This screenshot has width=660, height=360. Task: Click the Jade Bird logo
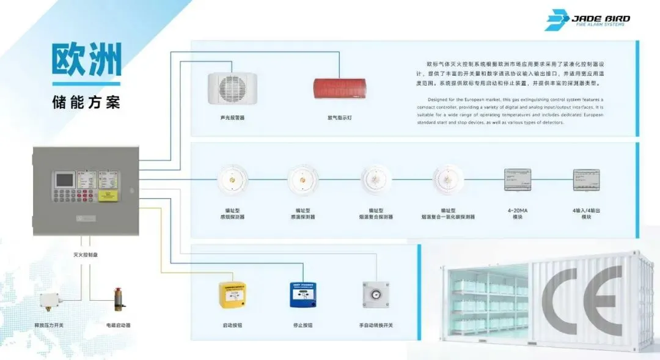(x=587, y=20)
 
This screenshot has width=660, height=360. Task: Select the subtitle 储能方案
(x=86, y=101)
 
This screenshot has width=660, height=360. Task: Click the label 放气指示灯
(x=341, y=117)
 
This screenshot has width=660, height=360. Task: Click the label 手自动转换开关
(x=376, y=325)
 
